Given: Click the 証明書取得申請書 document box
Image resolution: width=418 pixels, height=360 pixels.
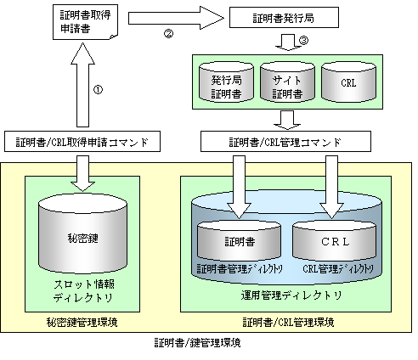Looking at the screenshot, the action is (x=85, y=22).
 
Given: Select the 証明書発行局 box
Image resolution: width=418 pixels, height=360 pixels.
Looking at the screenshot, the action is (x=284, y=18).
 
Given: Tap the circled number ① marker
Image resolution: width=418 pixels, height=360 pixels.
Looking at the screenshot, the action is (x=98, y=90).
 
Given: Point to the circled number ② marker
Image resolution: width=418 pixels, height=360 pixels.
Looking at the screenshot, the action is (x=168, y=34).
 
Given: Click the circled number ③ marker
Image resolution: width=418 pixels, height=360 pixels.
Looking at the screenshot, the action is (x=303, y=41).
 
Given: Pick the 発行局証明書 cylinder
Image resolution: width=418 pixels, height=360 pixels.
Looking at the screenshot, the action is (x=226, y=82).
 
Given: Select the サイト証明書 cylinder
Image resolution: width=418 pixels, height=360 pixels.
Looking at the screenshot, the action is (x=287, y=82).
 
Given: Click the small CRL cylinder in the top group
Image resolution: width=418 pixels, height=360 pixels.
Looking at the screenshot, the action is (x=348, y=82).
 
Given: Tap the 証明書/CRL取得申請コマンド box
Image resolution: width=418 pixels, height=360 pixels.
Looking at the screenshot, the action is (x=82, y=142).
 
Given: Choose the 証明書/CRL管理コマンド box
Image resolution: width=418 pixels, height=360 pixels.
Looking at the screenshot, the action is (x=285, y=142).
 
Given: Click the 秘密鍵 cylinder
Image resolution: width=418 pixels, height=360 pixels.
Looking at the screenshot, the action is (x=82, y=233).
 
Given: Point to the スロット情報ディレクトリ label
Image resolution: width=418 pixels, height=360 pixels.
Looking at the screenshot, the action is (x=83, y=291).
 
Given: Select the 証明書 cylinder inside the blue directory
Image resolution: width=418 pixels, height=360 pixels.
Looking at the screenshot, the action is (x=240, y=240).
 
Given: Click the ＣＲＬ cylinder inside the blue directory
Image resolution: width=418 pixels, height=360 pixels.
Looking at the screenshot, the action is (x=335, y=240).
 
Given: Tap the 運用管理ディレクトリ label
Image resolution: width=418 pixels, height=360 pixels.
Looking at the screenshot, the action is (x=291, y=295).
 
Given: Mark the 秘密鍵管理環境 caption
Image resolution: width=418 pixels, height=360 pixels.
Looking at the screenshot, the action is (x=82, y=323).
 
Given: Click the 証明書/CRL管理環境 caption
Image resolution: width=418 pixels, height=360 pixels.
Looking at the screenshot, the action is (x=288, y=323).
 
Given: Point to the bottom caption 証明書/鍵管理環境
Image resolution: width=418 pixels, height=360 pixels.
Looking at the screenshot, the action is (x=197, y=343).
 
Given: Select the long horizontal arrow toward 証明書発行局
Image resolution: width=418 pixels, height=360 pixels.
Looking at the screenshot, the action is (x=176, y=18).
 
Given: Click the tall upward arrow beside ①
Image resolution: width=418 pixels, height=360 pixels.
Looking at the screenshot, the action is (x=82, y=85).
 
